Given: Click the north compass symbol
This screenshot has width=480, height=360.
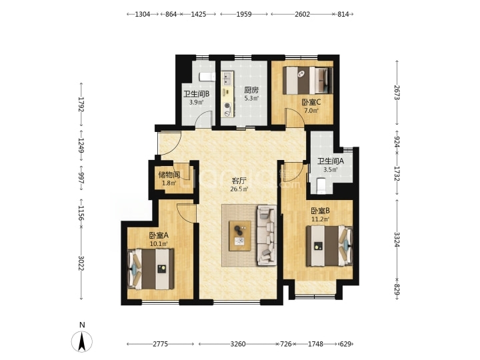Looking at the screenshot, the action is [82, 341].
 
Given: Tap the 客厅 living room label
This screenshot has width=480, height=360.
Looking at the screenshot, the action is [239, 181].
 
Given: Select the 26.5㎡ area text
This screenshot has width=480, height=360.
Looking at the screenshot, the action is [239, 189].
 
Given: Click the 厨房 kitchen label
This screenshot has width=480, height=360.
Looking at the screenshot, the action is [251, 90].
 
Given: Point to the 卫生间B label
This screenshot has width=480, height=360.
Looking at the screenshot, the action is [196, 94].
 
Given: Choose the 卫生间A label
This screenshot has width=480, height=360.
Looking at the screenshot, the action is [331, 161].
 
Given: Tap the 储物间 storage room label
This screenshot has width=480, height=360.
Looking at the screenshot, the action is [169, 175].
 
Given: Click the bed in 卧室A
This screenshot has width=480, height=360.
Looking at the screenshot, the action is [151, 269].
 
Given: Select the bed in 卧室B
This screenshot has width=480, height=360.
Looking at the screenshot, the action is [329, 246].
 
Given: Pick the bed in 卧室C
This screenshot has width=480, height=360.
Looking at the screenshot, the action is [307, 81].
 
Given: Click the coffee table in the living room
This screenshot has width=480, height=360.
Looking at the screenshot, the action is [240, 236].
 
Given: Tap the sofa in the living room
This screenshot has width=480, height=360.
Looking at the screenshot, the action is [267, 235].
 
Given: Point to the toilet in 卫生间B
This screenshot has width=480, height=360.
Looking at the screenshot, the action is [207, 77].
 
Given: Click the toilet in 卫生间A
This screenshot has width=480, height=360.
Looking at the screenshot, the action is [321, 186].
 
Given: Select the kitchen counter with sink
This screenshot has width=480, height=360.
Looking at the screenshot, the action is [227, 94].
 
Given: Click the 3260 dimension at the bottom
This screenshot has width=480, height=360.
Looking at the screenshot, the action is [238, 344].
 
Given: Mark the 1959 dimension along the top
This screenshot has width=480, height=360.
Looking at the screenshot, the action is [244, 14].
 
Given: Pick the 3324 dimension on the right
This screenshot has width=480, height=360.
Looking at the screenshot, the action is [397, 239].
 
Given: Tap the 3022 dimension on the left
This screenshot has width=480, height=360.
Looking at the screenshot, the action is [81, 263].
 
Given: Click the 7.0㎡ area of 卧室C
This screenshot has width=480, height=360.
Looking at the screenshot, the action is [311, 111].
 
